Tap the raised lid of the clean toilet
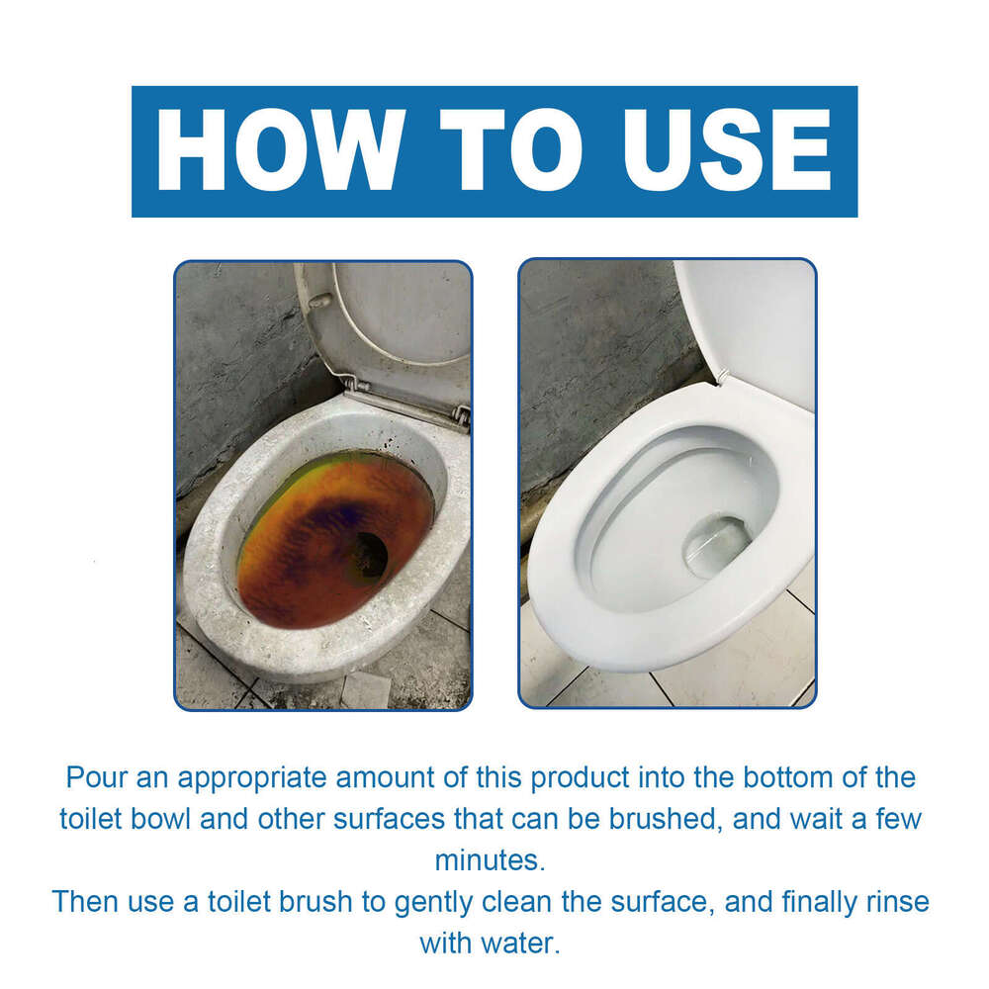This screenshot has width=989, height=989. tap(752, 326)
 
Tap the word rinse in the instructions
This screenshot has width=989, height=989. tap(894, 901)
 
